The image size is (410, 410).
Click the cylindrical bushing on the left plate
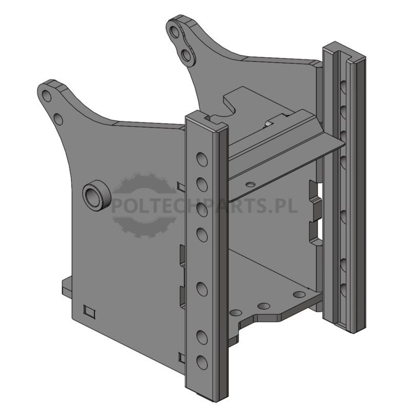(x=97, y=194)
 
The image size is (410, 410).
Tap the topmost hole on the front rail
(x=202, y=159)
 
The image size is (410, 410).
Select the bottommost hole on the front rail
(x=202, y=362)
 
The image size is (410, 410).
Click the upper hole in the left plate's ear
(x=47, y=96)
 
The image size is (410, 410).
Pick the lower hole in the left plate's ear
(x=58, y=119)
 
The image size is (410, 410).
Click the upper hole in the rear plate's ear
(x=174, y=32)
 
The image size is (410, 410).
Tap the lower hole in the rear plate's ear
(x=187, y=56)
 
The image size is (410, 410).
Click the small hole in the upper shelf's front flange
(x=251, y=184)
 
